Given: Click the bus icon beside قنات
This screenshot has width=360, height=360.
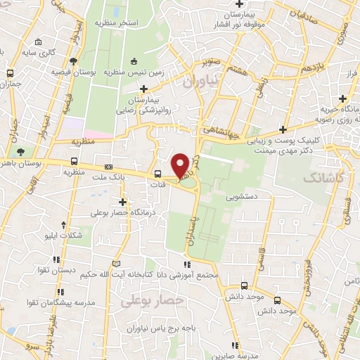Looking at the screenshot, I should [x=158, y=174].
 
